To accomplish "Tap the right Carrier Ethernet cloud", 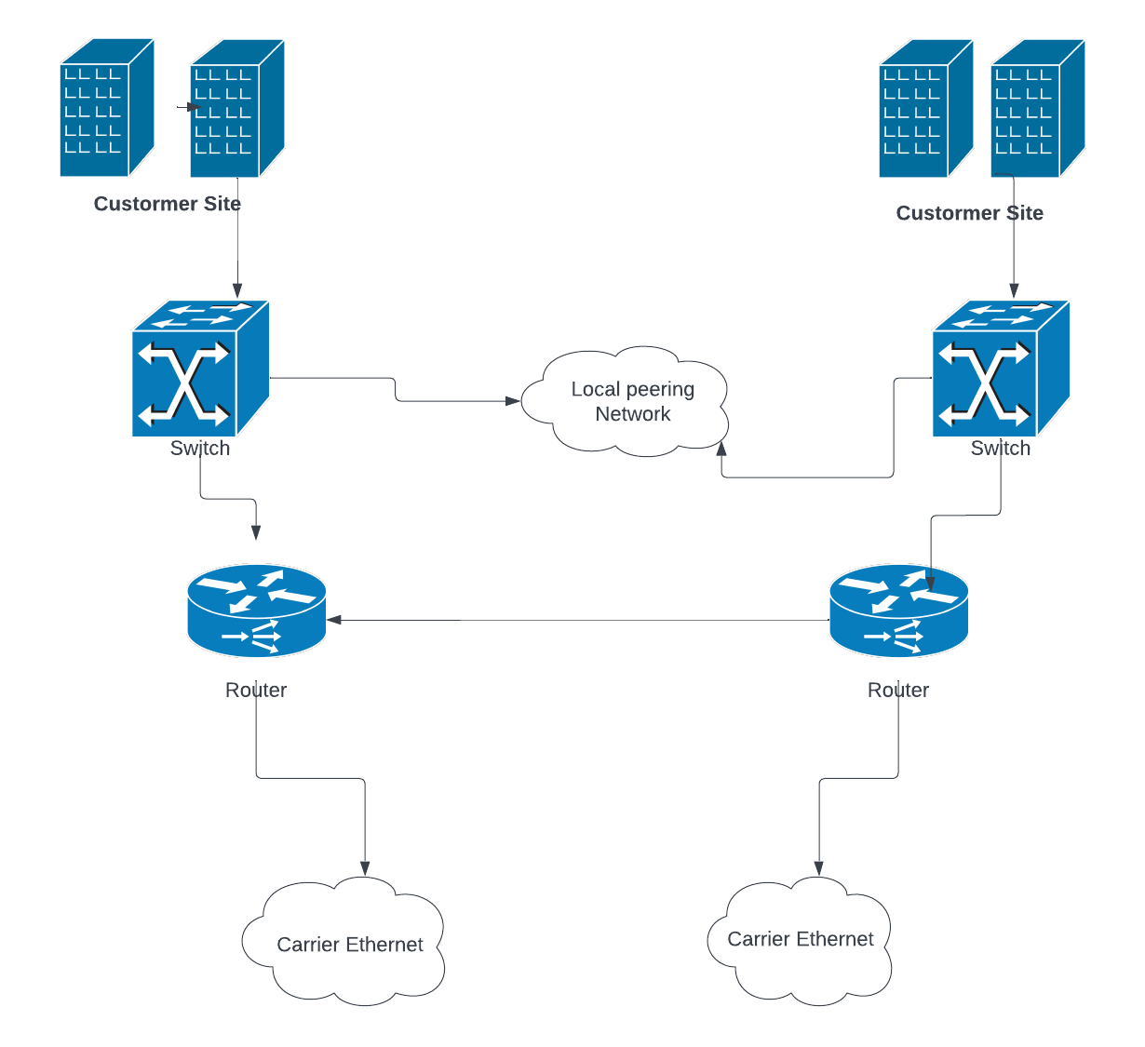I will [801, 940].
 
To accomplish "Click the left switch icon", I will [200, 369].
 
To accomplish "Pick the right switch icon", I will [1001, 369].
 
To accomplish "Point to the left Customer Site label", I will [168, 204].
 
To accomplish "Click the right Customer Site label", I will [969, 213].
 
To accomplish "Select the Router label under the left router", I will [256, 690].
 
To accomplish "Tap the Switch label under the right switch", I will [1000, 448].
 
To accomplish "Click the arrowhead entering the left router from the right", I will [333, 619].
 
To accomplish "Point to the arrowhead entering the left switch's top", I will [237, 291].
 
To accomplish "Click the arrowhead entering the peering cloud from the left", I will [513, 401].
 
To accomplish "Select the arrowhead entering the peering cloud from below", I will [721, 449].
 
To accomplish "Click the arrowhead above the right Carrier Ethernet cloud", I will [819, 869].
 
